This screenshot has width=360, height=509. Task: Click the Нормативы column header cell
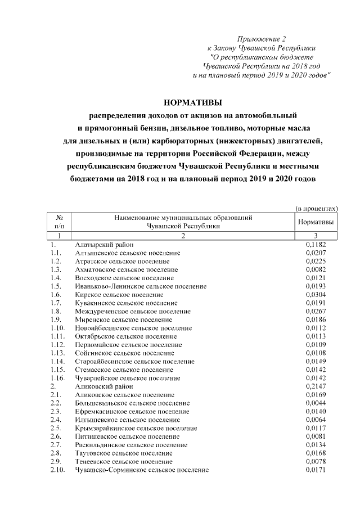(316, 222)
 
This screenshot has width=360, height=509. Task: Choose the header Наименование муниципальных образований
(183, 217)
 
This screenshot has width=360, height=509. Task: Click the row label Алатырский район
(105, 245)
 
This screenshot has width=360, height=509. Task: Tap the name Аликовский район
(105, 387)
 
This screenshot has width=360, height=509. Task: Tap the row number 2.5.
(56, 429)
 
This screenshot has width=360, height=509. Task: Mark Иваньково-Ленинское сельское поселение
(141, 286)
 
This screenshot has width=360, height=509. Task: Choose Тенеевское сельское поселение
(124, 462)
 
